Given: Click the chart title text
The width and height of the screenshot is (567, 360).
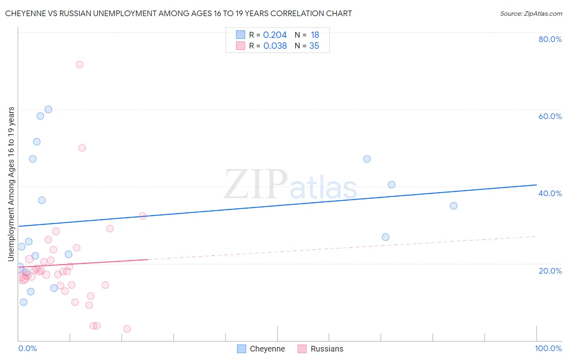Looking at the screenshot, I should pyautogui.click(x=178, y=14).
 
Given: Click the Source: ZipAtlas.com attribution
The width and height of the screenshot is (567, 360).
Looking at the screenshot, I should pyautogui.click(x=531, y=14).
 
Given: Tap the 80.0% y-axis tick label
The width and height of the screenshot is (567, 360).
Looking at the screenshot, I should pyautogui.click(x=550, y=39).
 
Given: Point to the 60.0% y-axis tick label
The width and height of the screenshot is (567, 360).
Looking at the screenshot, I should pyautogui.click(x=550, y=116).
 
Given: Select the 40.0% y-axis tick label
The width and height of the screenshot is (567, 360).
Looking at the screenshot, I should pyautogui.click(x=550, y=193).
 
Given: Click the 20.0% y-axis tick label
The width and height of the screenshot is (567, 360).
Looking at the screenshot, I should pyautogui.click(x=550, y=270).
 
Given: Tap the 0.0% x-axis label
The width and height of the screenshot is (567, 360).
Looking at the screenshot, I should pyautogui.click(x=27, y=348).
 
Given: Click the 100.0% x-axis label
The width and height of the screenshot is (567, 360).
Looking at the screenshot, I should pyautogui.click(x=548, y=348).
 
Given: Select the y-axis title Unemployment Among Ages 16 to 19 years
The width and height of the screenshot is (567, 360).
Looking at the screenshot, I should pyautogui.click(x=11, y=184).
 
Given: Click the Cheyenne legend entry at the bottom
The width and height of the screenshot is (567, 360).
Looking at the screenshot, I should pyautogui.click(x=267, y=349).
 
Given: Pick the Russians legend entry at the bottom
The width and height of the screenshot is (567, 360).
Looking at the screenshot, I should pyautogui.click(x=327, y=349).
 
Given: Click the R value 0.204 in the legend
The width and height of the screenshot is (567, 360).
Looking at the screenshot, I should pyautogui.click(x=275, y=35).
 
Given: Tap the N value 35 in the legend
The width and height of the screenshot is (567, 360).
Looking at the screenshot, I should pyautogui.click(x=314, y=46).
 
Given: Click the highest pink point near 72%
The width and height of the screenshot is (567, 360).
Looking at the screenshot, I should pyautogui.click(x=79, y=65).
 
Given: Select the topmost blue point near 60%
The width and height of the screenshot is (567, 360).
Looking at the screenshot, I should pyautogui.click(x=48, y=109).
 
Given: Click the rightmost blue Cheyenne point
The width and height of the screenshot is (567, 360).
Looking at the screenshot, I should pyautogui.click(x=454, y=206).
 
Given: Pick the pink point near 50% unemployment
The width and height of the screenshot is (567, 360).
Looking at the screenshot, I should pyautogui.click(x=82, y=148).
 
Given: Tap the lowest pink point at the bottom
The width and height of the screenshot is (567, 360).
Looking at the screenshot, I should pyautogui.click(x=127, y=329).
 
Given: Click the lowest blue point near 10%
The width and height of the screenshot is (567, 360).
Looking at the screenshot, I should pyautogui.click(x=24, y=302).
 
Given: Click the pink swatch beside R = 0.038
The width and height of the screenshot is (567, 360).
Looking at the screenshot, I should pyautogui.click(x=241, y=46).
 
